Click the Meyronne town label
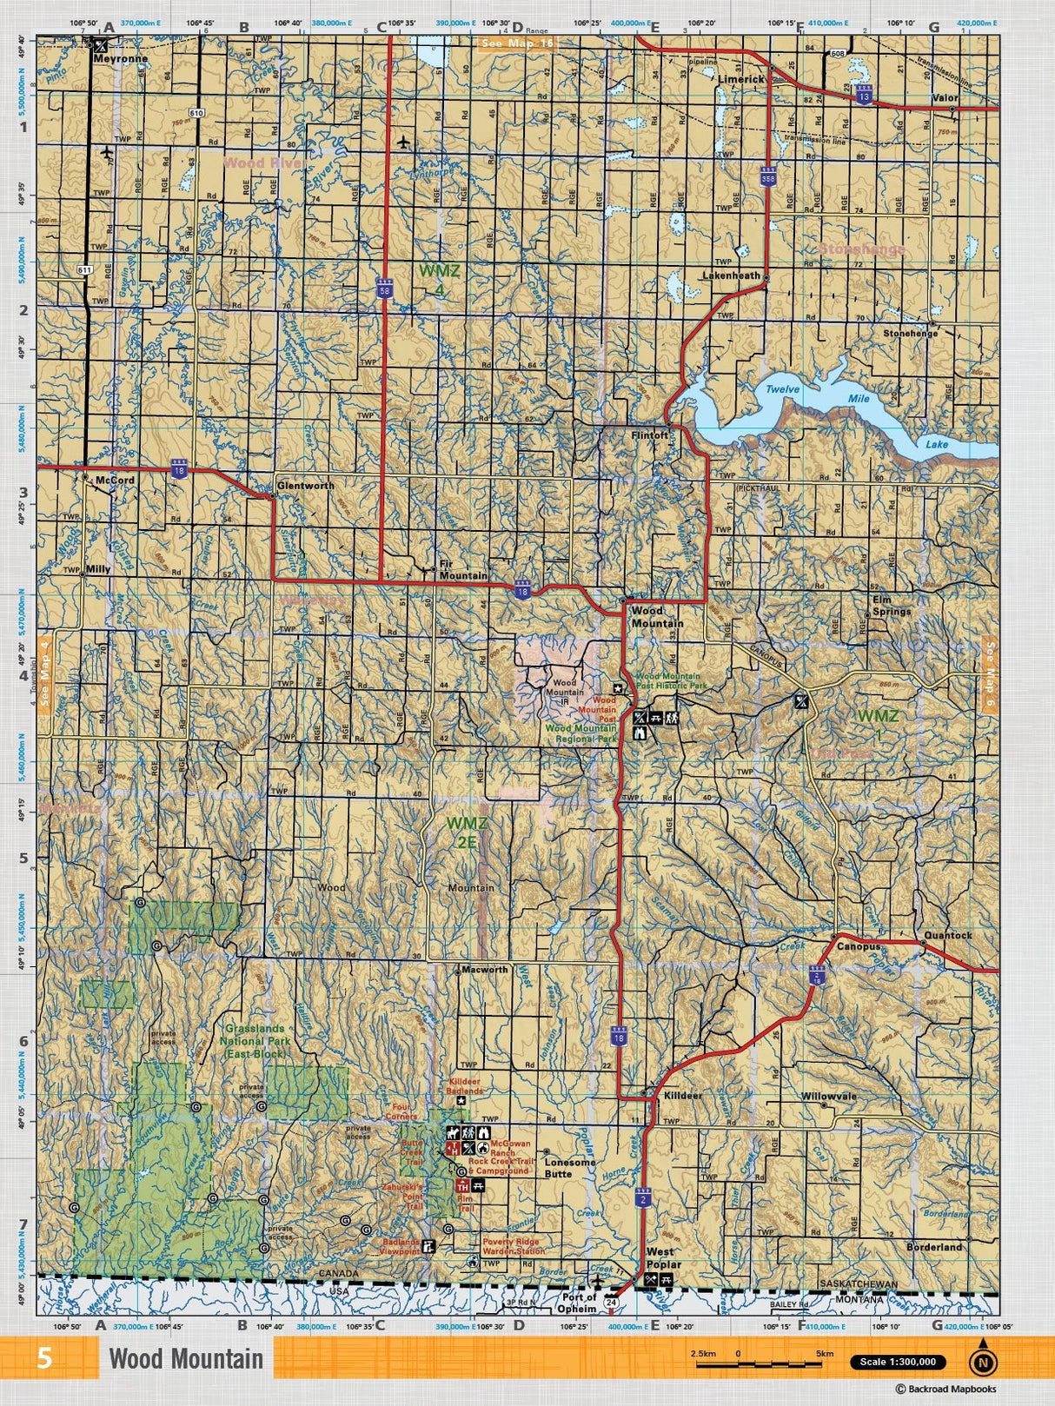click(120, 59)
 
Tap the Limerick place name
click(741, 78)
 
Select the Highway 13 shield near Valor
click(863, 95)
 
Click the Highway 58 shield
click(384, 290)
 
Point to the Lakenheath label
click(731, 275)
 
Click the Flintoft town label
click(650, 435)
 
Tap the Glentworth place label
click(305, 486)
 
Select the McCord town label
click(116, 480)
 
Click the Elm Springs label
click(892, 606)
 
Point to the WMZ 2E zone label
click(466, 832)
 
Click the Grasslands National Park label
click(254, 1040)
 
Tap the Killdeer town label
click(682, 1096)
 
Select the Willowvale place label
click(828, 1097)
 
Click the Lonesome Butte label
click(570, 1167)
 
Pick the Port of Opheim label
click(578, 1302)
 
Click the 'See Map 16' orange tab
click(517, 43)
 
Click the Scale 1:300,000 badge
click(898, 1362)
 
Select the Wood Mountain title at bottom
click(185, 1359)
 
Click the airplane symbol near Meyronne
click(107, 154)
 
